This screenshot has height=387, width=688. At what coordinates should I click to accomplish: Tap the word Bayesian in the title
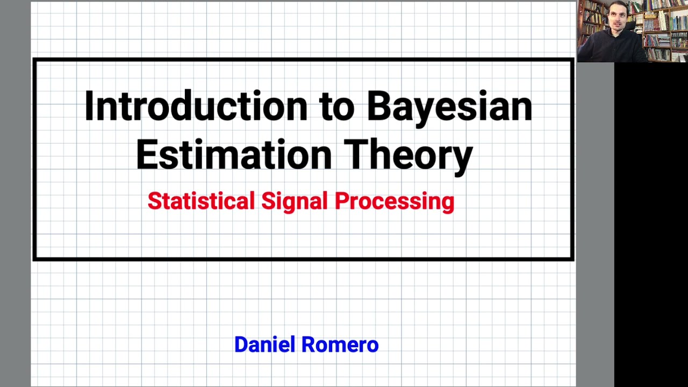(449, 106)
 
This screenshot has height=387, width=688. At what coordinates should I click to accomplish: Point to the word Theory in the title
(408, 154)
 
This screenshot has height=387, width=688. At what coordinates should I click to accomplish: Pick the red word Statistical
(200, 201)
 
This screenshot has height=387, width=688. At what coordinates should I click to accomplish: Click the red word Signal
(294, 202)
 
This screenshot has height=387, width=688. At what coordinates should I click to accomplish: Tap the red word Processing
(394, 202)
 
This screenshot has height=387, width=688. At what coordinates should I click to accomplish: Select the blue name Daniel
(264, 345)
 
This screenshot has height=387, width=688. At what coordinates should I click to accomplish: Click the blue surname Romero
(340, 345)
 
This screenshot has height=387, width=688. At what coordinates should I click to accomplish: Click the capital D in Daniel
(241, 345)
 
